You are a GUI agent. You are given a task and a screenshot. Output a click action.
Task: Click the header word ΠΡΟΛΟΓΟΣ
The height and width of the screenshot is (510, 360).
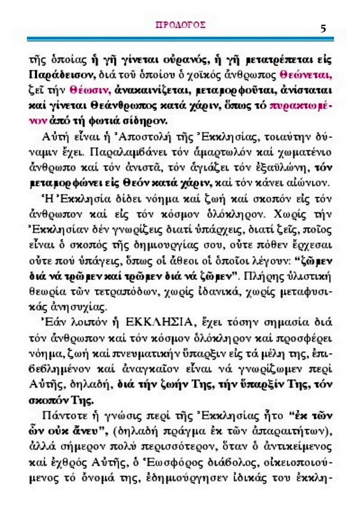[180, 25]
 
